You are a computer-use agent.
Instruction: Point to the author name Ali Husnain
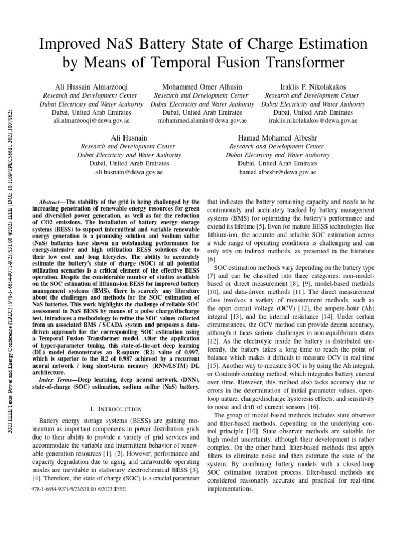(x=129, y=138)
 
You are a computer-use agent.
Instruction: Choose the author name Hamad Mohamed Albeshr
(x=278, y=138)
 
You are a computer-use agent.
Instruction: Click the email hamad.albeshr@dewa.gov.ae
(x=278, y=172)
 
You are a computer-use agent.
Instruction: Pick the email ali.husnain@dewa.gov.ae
(x=129, y=172)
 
